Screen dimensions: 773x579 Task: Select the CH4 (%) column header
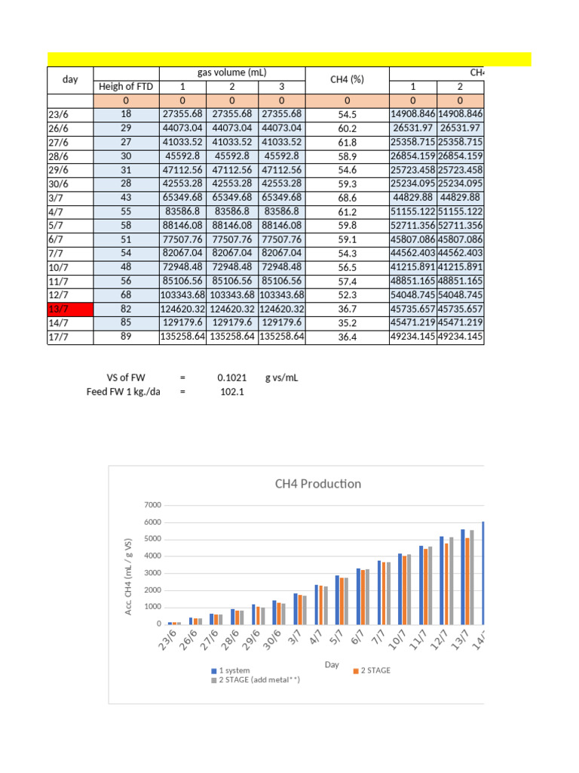point(347,79)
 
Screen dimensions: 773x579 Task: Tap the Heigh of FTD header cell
point(126,87)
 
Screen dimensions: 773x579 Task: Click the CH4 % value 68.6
point(347,198)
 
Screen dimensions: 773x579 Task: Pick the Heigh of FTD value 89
point(126,337)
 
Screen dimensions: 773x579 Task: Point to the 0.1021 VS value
point(230,377)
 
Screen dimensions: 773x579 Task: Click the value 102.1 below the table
point(231,392)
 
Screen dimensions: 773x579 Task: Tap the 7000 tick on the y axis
point(152,505)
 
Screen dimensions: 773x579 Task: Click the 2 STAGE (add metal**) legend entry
point(256,680)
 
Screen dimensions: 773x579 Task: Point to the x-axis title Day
point(332,664)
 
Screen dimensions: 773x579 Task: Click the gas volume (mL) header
point(231,72)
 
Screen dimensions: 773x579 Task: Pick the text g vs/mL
point(282,377)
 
